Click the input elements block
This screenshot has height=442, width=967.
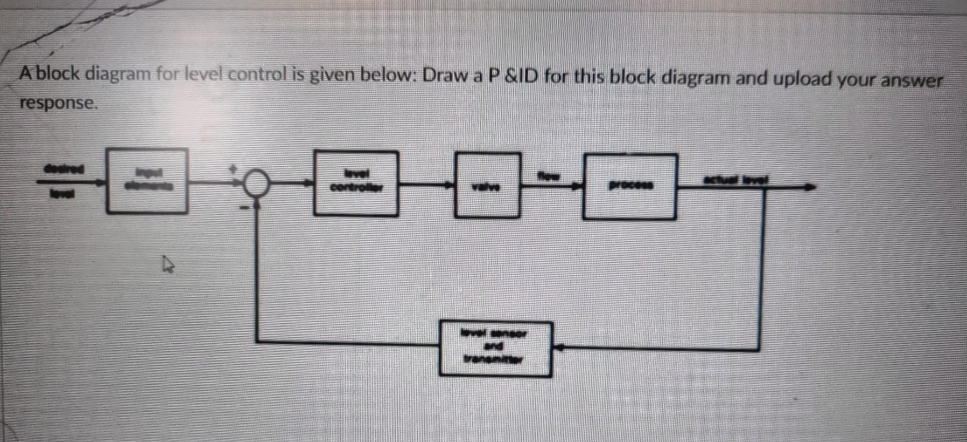pyautogui.click(x=147, y=181)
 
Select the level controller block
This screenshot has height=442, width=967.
pyautogui.click(x=356, y=184)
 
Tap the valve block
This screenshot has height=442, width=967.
pyautogui.click(x=487, y=186)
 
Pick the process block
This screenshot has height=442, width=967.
pyautogui.click(x=630, y=187)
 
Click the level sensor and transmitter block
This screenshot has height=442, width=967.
pyautogui.click(x=495, y=349)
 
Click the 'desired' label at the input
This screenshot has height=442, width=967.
pyautogui.click(x=64, y=169)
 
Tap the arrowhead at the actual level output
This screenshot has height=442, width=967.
pyautogui.click(x=810, y=187)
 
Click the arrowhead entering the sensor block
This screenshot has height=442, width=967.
pyautogui.click(x=558, y=347)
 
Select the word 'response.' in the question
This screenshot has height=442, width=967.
pyautogui.click(x=57, y=103)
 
